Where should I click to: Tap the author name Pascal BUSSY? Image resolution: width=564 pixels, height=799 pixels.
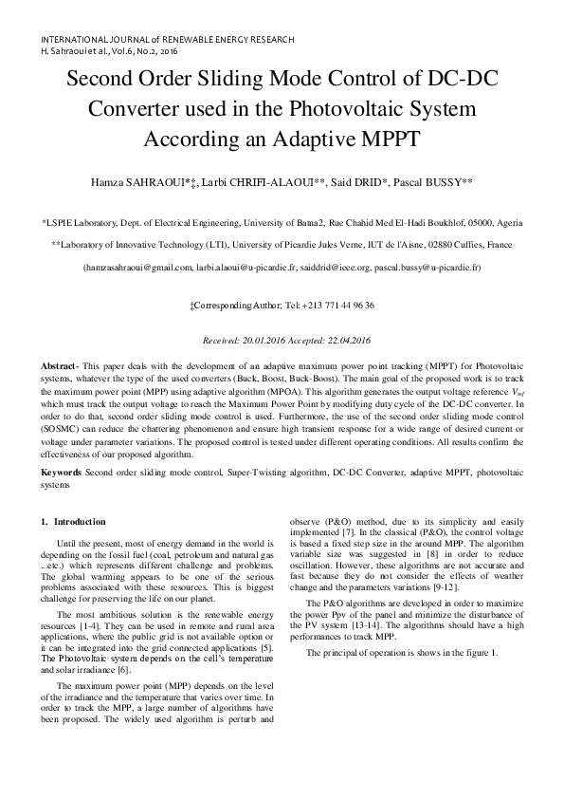(x=434, y=179)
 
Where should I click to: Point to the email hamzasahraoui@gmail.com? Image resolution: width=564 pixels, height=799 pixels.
(x=136, y=269)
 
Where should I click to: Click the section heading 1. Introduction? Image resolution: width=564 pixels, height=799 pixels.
(x=74, y=522)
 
